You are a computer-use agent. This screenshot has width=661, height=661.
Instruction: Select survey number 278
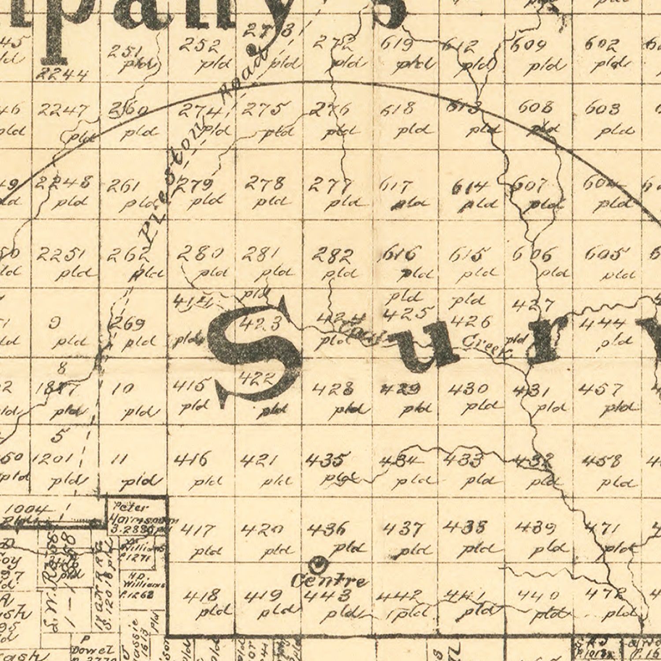pyautogui.click(x=264, y=182)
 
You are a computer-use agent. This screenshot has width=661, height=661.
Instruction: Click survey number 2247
pyautogui.click(x=62, y=110)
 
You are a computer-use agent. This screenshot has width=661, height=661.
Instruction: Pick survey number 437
pyautogui.click(x=403, y=528)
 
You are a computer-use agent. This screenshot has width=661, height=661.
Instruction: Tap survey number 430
pyautogui.click(x=468, y=389)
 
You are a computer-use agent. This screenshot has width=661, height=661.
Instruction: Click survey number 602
pyautogui.click(x=602, y=44)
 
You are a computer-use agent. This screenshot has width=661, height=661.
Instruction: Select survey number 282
pyautogui.click(x=333, y=254)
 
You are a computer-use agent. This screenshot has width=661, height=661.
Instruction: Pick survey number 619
pyautogui.click(x=397, y=44)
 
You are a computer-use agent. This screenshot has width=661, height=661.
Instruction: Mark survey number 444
pyautogui.click(x=602, y=324)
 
